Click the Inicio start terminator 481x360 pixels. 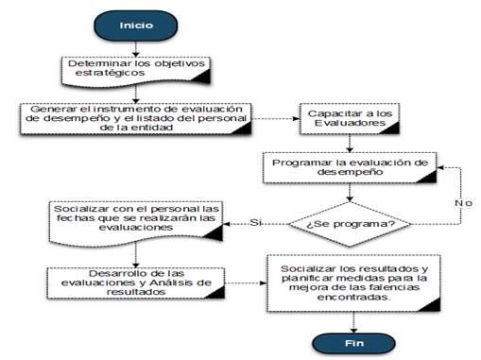tap(136, 26)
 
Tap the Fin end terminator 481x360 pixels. tap(353, 343)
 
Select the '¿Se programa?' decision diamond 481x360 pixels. tap(350, 224)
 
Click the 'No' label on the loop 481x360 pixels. tap(463, 203)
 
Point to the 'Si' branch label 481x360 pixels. tap(255, 222)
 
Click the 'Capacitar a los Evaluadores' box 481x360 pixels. tap(350, 119)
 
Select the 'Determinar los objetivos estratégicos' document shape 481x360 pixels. tap(136, 72)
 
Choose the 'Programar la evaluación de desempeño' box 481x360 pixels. tap(350, 167)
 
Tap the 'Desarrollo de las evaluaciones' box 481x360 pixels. tap(136, 283)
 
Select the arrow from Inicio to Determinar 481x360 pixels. tap(136, 49)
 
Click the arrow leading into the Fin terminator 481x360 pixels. tap(353, 322)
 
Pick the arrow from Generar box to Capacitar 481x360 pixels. tap(275, 119)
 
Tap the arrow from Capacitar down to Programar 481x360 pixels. tap(350, 144)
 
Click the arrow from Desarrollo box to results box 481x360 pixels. tap(246, 283)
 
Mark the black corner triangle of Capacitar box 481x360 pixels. tap(391, 129)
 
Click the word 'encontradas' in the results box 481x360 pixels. tap(353, 297)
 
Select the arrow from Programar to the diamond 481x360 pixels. tap(350, 193)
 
